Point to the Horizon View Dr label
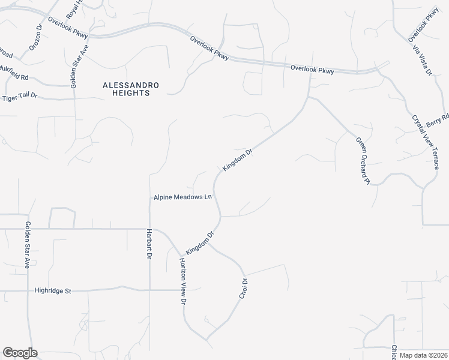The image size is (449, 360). (181, 280)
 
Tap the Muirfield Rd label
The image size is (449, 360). (15, 77)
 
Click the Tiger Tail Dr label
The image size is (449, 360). (20, 97)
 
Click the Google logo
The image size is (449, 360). (19, 353)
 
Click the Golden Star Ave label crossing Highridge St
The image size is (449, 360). (27, 244)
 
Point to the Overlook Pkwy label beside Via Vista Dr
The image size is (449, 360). (424, 23)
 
